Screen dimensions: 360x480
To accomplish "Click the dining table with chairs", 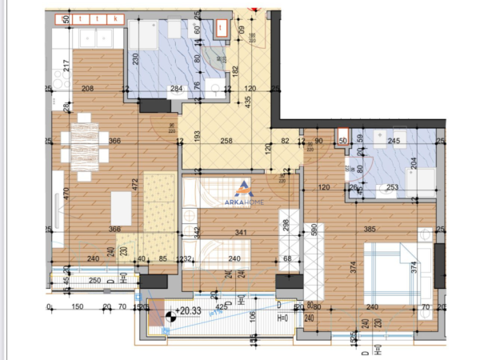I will pyautogui.click(x=82, y=145).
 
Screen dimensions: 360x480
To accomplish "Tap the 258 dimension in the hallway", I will pyautogui.click(x=226, y=141).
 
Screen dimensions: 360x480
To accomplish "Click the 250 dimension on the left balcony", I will pyautogui.click(x=94, y=281).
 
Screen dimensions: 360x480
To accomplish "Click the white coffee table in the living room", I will pyautogui.click(x=122, y=208).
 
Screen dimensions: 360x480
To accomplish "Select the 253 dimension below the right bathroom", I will pyautogui.click(x=392, y=188).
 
